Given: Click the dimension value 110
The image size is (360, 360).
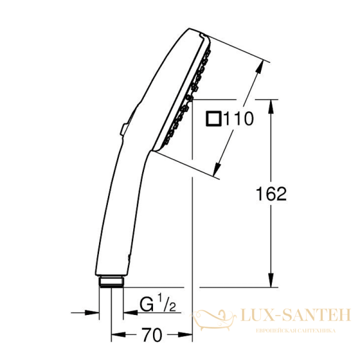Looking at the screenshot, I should (238, 119).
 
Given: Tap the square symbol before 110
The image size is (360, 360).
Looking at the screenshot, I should (213, 119).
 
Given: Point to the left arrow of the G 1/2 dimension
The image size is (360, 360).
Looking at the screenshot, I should (93, 312).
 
